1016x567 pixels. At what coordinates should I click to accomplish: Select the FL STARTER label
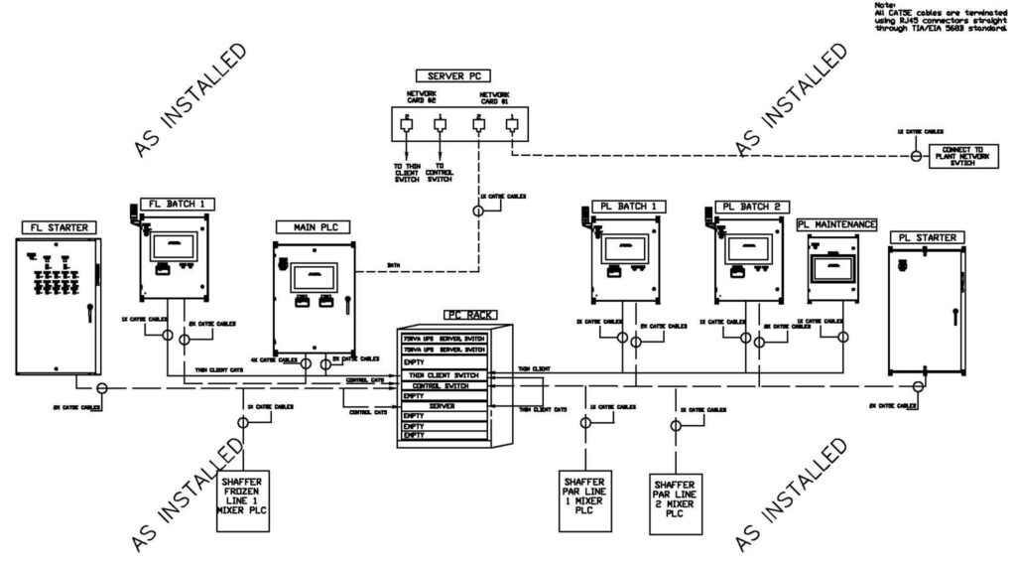click(x=60, y=227)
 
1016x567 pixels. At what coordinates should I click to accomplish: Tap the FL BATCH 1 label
click(x=179, y=204)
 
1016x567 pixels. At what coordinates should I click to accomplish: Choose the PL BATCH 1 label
click(x=622, y=206)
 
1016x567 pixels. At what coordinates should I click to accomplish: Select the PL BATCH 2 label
click(x=753, y=206)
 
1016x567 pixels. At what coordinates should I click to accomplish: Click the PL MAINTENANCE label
click(x=836, y=225)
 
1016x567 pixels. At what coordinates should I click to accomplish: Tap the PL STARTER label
click(x=927, y=238)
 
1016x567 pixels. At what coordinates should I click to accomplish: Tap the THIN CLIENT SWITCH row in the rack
click(x=444, y=374)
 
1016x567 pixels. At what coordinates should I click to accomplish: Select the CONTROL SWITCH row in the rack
click(x=444, y=385)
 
